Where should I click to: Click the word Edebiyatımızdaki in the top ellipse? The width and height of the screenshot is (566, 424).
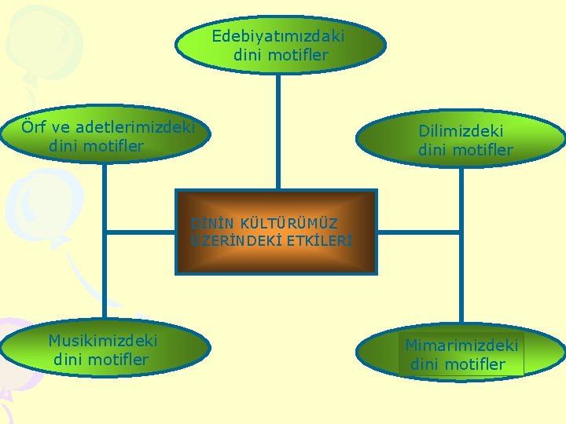(277, 36)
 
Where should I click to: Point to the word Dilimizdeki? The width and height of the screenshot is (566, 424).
(460, 131)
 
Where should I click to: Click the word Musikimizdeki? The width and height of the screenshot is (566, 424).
(102, 340)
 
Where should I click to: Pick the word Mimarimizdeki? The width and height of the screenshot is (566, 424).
(461, 345)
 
